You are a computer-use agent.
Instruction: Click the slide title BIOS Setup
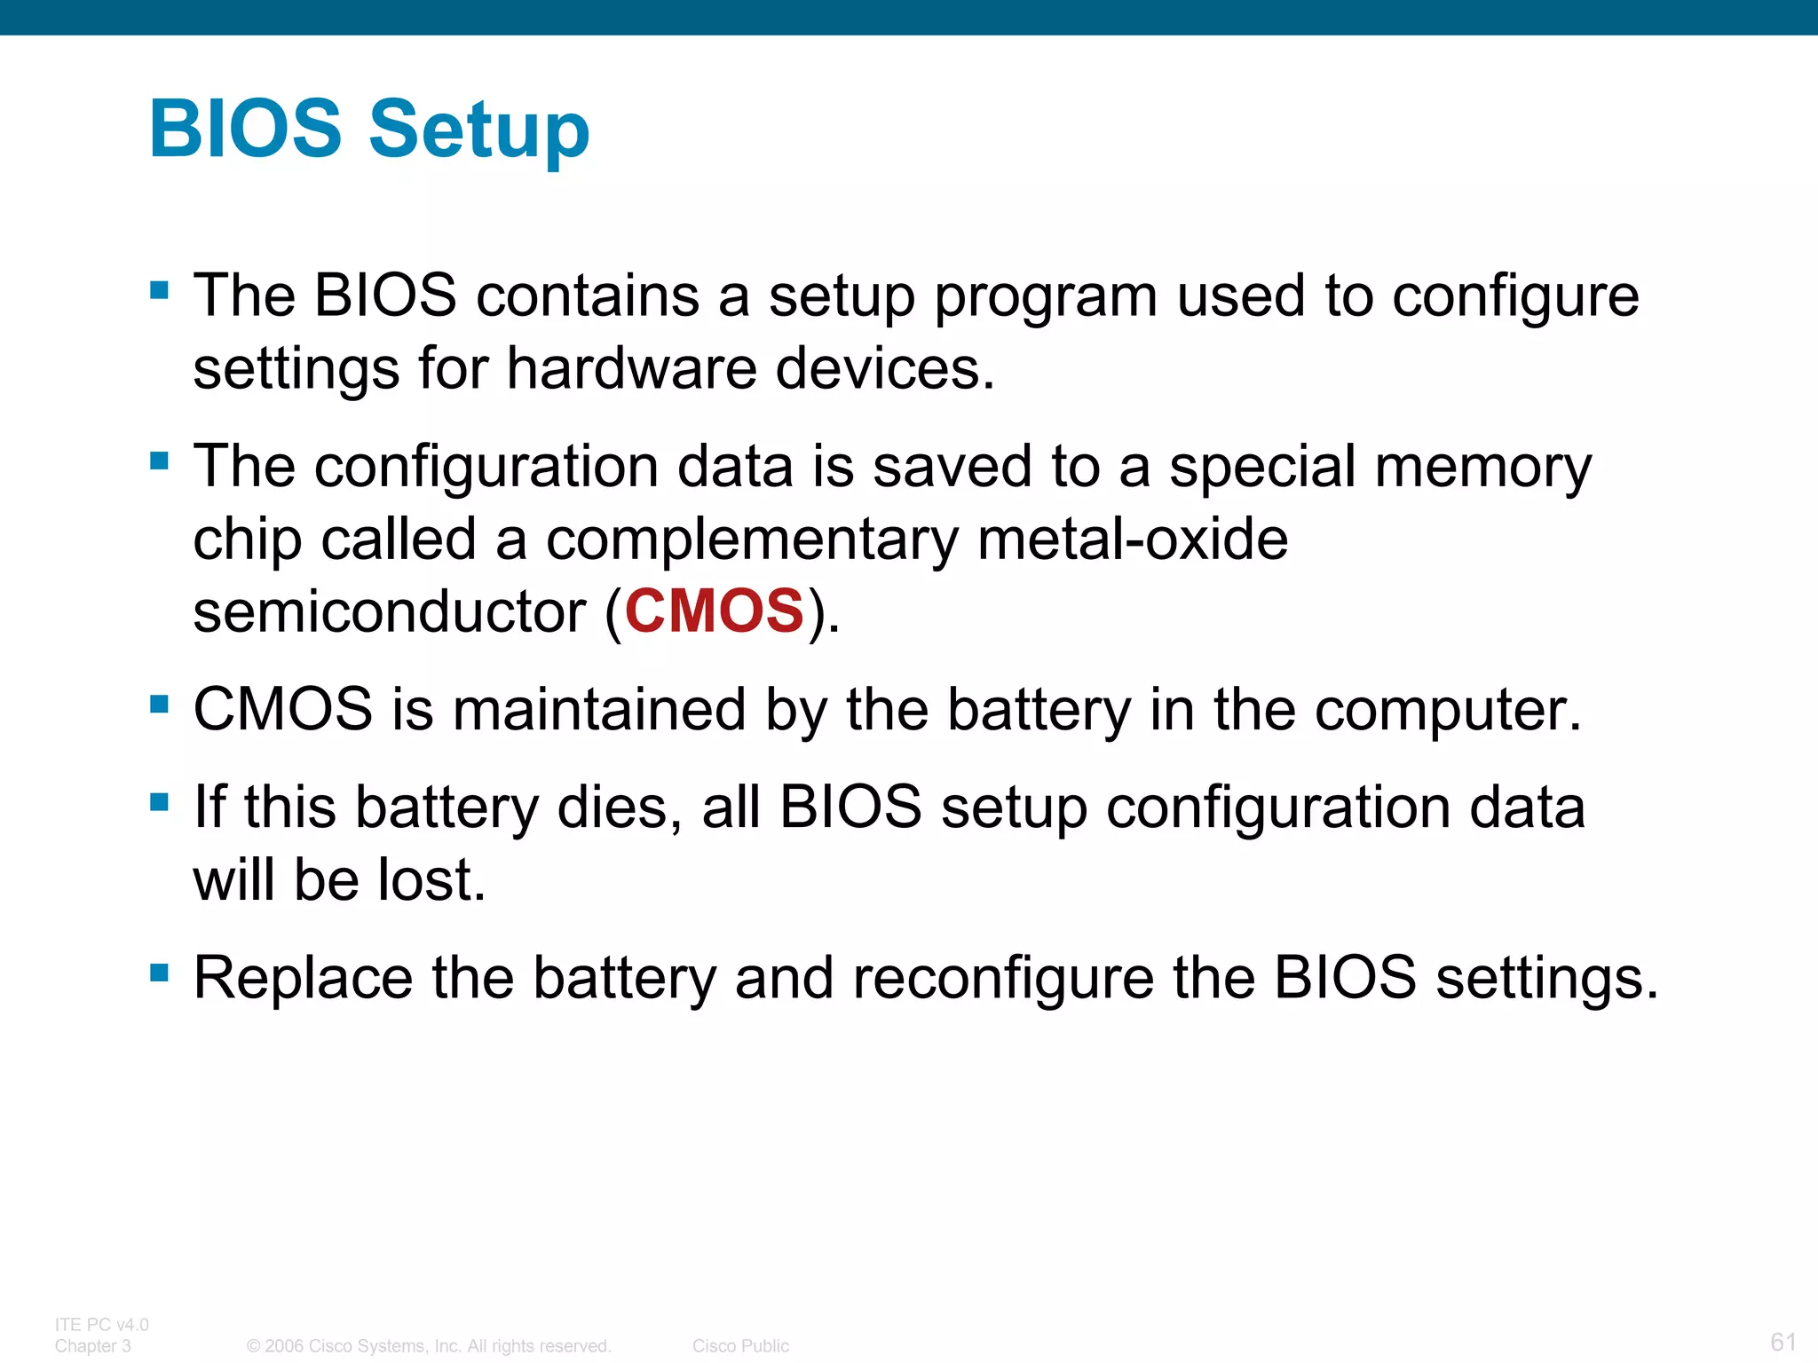(369, 130)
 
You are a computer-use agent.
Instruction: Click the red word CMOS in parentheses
(715, 611)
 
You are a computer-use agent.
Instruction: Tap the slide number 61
(1783, 1341)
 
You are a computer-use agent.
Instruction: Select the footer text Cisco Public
(740, 1346)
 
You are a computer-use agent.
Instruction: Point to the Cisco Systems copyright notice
(429, 1346)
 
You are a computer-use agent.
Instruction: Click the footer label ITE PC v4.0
(102, 1325)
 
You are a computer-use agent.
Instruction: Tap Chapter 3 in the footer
(93, 1346)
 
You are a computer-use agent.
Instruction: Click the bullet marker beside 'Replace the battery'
(160, 973)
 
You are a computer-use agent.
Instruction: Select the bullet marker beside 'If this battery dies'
(160, 802)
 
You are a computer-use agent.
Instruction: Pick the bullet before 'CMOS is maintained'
(160, 705)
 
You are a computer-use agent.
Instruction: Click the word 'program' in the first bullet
(1046, 298)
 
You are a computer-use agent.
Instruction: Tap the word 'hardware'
(631, 368)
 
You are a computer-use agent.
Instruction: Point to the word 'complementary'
(752, 540)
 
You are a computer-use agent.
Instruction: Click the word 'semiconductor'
(389, 611)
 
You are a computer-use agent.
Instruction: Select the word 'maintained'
(599, 710)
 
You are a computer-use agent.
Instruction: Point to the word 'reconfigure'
(1003, 979)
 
